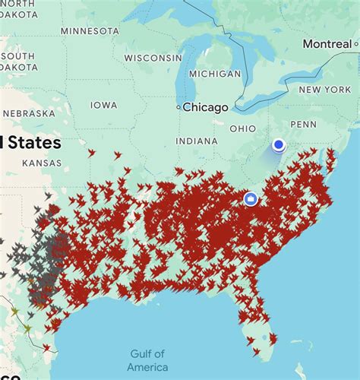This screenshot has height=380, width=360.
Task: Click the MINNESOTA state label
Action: coord(90,30)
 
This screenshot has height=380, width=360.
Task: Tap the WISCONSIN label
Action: coord(153,58)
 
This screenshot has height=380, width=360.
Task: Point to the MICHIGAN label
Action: coord(214,74)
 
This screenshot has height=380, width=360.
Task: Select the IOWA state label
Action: coord(104,105)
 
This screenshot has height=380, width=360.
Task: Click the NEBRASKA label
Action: coord(28,113)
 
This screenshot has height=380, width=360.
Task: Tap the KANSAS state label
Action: coord(42,163)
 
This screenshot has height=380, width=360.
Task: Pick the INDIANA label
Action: coord(197,141)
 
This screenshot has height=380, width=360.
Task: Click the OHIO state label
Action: coord(243,128)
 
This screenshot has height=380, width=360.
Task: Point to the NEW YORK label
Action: coord(324,90)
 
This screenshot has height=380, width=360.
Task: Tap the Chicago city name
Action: coord(205,107)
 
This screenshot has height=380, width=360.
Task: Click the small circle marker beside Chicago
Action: coord(178,108)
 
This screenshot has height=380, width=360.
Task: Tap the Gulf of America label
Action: coord(147,361)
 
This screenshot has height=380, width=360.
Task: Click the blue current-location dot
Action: coord(279,144)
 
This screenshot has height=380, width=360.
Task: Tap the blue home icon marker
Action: coord(251,199)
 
